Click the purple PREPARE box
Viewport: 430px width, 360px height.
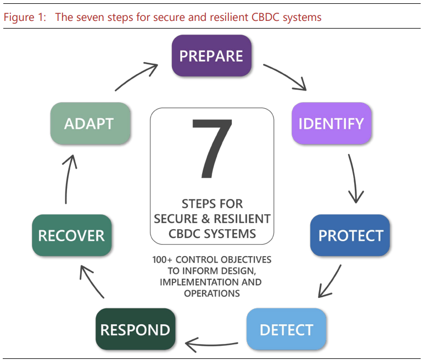pos(211,56)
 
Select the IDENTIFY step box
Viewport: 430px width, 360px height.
pos(331,123)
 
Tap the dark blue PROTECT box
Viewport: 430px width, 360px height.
pos(350,235)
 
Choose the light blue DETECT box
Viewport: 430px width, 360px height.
pos(286,329)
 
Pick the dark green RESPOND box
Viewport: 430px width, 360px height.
pos(136,329)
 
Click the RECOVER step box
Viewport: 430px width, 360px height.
pos(72,235)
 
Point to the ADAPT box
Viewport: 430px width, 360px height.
pos(90,123)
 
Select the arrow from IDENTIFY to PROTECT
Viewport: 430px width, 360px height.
pos(354,179)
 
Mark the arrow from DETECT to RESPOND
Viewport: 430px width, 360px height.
pos(211,345)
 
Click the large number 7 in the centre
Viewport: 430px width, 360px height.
pos(212,148)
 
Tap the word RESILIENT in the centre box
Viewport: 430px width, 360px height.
pos(242,219)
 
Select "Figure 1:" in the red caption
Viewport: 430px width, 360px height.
pos(25,17)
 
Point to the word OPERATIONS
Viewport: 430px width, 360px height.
pos(212,293)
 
